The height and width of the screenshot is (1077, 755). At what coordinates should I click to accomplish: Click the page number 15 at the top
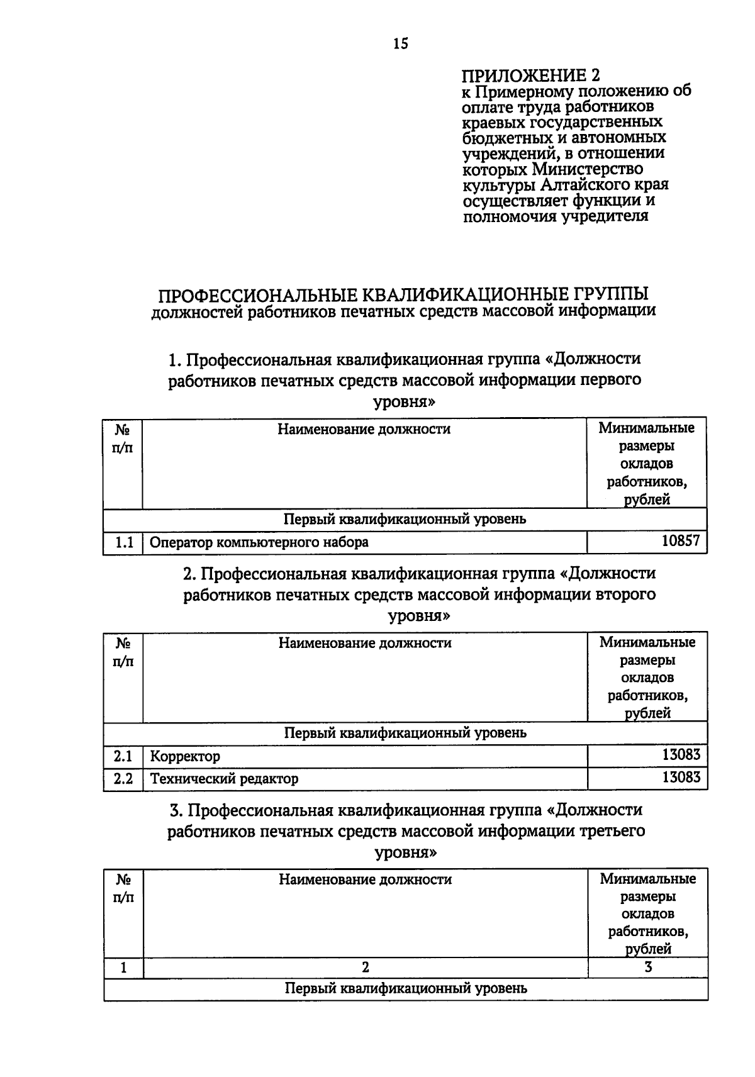[400, 43]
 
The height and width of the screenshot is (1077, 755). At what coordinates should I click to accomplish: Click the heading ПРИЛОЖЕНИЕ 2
[531, 76]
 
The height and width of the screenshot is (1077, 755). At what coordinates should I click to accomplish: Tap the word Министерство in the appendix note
[588, 169]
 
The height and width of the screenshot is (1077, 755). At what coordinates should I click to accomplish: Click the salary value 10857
[681, 541]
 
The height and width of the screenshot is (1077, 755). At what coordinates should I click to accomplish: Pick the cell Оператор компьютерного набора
[259, 542]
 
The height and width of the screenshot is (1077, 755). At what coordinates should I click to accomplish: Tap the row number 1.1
[124, 542]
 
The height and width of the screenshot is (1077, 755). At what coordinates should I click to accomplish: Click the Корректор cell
[185, 756]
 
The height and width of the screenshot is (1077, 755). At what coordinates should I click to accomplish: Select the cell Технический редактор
[224, 779]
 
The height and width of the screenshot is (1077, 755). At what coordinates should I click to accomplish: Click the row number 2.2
[123, 779]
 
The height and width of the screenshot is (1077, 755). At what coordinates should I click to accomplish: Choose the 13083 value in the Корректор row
[681, 755]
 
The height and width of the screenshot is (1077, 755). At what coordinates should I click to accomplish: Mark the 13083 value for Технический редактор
[681, 778]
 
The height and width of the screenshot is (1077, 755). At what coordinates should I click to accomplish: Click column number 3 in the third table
[648, 968]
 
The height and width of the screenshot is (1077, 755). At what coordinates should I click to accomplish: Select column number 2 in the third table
[365, 968]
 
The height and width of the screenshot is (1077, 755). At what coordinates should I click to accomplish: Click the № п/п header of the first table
[123, 438]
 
